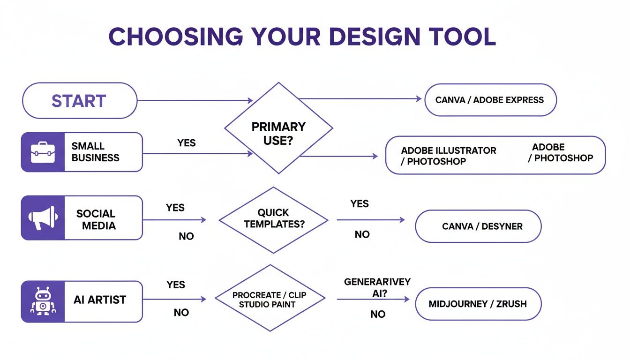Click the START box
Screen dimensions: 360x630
coord(79,101)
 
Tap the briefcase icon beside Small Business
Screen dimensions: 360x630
coord(43,152)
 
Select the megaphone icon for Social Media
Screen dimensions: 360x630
coord(43,218)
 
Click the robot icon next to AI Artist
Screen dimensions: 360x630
coord(43,301)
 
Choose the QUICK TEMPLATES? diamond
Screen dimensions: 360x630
coord(274,219)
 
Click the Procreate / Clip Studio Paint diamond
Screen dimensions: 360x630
coord(270,299)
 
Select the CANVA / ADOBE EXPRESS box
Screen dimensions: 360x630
coord(490,100)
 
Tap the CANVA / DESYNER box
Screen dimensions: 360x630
coord(478,226)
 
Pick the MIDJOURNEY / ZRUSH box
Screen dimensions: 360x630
coord(478,304)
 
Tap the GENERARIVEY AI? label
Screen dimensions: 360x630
coord(377,287)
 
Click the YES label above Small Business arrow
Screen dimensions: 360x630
coord(187,143)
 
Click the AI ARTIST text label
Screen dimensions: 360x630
coord(100,300)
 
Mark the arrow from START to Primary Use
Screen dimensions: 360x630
coord(195,100)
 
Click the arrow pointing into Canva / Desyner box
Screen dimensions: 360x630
coord(370,219)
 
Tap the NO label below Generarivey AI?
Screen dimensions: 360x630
coord(378,314)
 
